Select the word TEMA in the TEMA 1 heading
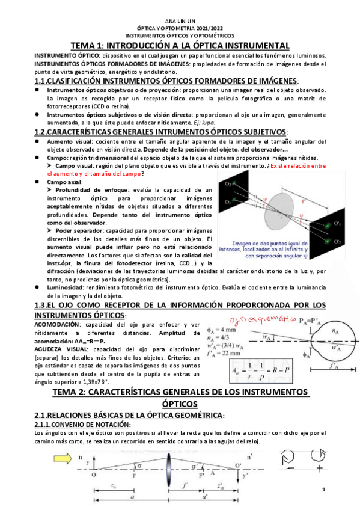[x=84, y=46]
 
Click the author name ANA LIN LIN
[x=180, y=20]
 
